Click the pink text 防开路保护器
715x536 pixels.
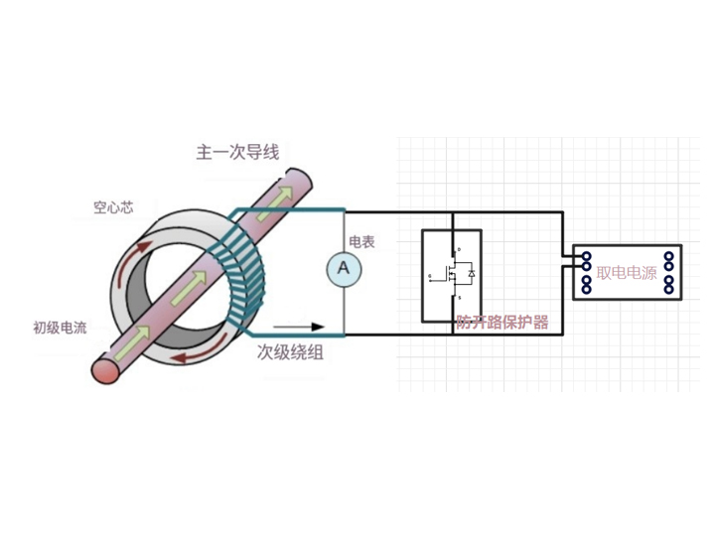point(501,323)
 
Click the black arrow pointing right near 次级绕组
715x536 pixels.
point(298,326)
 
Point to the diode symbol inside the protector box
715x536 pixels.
point(470,273)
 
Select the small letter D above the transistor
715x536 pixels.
point(457,249)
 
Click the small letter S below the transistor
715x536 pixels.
point(457,297)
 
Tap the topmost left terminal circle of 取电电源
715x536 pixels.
point(587,256)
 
